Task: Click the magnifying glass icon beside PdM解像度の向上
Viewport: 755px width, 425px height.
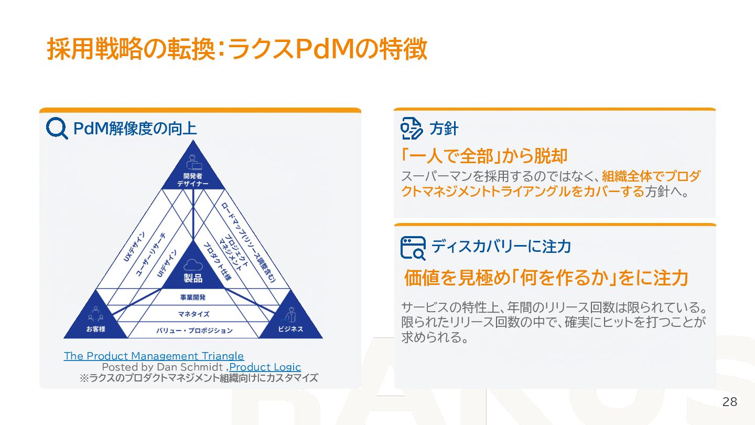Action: [x=57, y=128]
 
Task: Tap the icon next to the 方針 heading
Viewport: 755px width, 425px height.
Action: [x=412, y=128]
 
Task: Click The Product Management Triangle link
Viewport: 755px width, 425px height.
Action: [x=154, y=356]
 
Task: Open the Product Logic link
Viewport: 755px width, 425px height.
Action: [x=265, y=367]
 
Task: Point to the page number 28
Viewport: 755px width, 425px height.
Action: [x=729, y=402]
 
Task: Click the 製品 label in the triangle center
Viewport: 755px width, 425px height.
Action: [x=193, y=278]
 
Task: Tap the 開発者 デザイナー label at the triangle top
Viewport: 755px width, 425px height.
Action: [x=192, y=180]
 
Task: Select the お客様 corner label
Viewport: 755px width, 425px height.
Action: [x=96, y=330]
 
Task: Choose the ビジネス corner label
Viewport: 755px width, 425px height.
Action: [x=290, y=330]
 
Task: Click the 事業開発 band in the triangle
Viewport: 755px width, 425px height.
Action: [x=193, y=297]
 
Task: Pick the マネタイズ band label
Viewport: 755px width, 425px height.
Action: [x=193, y=314]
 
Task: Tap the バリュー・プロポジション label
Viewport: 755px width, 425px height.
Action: [x=194, y=331]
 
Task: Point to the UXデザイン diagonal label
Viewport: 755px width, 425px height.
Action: [x=135, y=247]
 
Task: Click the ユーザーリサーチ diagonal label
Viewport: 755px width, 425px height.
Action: [x=150, y=254]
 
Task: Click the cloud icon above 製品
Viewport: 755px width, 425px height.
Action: [x=193, y=264]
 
